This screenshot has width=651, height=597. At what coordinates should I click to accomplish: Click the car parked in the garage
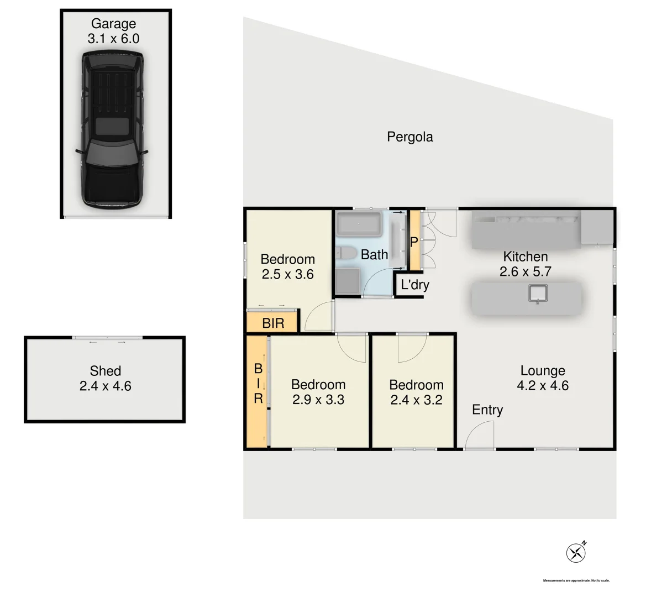pos(113,130)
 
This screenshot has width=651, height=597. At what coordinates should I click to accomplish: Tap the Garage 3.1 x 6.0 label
pos(113,31)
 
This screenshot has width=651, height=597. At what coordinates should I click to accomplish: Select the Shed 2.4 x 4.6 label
pos(105,379)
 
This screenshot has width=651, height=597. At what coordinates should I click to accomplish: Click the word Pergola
pos(410,137)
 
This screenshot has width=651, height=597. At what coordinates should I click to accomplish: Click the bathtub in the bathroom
pos(359,224)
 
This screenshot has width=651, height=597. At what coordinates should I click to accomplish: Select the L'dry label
pos(414,285)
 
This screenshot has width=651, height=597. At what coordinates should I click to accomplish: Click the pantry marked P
pos(414,242)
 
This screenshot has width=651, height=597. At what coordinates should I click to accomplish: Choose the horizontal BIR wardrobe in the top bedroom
pos(273,323)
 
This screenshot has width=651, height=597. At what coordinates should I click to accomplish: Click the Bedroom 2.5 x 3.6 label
pos(287,266)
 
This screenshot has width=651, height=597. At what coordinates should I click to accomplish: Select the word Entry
pos(487,410)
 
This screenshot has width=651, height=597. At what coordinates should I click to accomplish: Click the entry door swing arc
pos(479,435)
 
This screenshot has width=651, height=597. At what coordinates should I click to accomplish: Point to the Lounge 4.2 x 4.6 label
pos(542,378)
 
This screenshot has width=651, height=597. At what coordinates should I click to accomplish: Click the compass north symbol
pos(576,552)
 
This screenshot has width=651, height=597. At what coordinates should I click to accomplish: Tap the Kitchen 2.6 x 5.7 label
pos(525,264)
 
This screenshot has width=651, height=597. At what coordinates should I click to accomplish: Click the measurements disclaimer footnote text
pos(576,580)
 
